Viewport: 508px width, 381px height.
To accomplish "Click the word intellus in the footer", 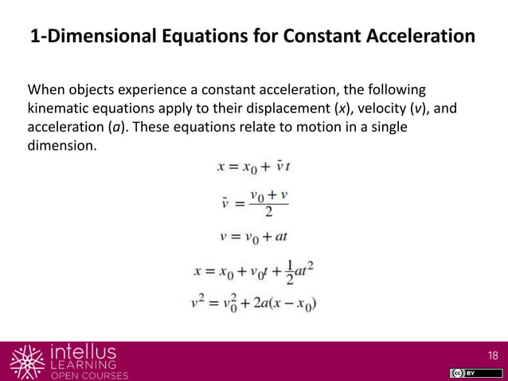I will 83,352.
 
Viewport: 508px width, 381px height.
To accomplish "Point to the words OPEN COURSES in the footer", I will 88,375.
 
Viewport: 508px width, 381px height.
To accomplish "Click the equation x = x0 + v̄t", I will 254,167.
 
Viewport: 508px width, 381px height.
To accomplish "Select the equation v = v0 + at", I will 254,236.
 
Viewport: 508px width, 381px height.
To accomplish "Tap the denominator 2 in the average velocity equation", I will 268,211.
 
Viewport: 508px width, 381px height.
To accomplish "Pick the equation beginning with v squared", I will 256,304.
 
